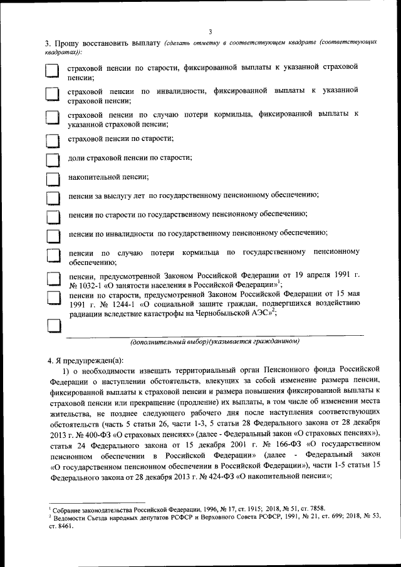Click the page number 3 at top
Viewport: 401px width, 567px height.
pos(211,31)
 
